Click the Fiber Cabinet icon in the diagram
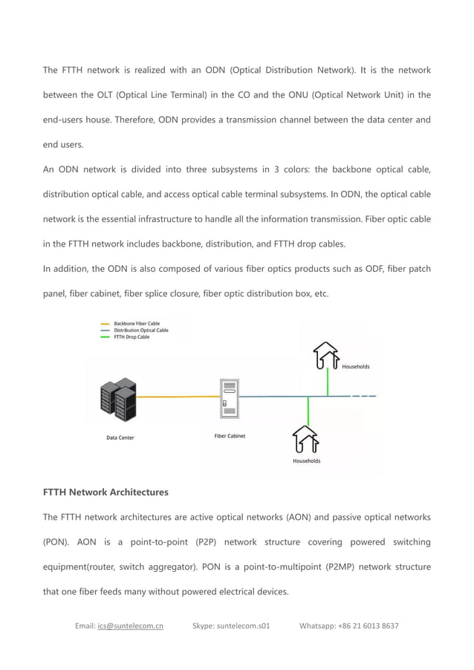point(229,399)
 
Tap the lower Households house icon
point(305,438)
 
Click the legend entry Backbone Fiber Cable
point(136,324)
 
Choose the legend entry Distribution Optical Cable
point(140,331)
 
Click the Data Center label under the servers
point(120,438)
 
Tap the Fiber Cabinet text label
point(230,436)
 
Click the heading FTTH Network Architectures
point(105,492)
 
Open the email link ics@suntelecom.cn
point(130,625)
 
